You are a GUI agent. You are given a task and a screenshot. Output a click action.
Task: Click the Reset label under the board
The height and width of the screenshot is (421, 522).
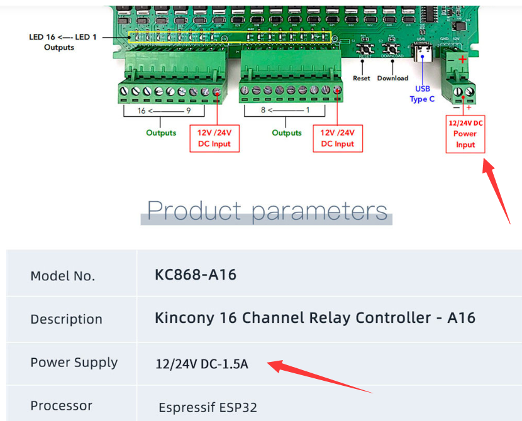point(362,79)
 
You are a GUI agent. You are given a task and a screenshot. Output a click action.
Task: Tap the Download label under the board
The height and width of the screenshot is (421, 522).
point(392,79)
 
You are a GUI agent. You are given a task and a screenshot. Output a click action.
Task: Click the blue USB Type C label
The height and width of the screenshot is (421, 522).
point(423,94)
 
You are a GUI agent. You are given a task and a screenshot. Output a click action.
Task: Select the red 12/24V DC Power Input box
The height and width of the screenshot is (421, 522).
point(465,133)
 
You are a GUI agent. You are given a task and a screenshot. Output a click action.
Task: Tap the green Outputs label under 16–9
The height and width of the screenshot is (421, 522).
point(162,133)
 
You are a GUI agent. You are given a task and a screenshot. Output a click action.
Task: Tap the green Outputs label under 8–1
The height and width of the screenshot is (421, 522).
point(287,133)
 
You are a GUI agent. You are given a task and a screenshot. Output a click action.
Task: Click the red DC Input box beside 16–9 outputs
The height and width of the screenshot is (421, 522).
point(214,138)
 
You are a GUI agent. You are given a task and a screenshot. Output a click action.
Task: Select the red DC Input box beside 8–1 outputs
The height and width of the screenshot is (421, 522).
point(338,138)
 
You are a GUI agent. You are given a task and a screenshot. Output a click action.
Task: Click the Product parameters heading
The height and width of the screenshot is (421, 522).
point(267,210)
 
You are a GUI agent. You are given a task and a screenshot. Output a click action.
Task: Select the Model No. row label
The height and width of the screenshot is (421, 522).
point(63,276)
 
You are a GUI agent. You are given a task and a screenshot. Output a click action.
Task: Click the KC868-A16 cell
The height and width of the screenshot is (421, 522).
point(196,275)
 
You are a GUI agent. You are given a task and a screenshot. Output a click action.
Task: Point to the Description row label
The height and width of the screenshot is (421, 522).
point(66,319)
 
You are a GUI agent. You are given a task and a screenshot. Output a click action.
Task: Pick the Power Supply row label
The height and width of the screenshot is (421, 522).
point(74,363)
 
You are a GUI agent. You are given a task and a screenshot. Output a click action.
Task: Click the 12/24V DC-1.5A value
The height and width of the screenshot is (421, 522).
point(202,363)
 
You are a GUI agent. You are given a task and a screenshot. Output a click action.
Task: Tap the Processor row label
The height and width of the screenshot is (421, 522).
point(62,406)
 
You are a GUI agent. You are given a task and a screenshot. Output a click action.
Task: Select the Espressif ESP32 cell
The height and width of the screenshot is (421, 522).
point(208,407)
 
